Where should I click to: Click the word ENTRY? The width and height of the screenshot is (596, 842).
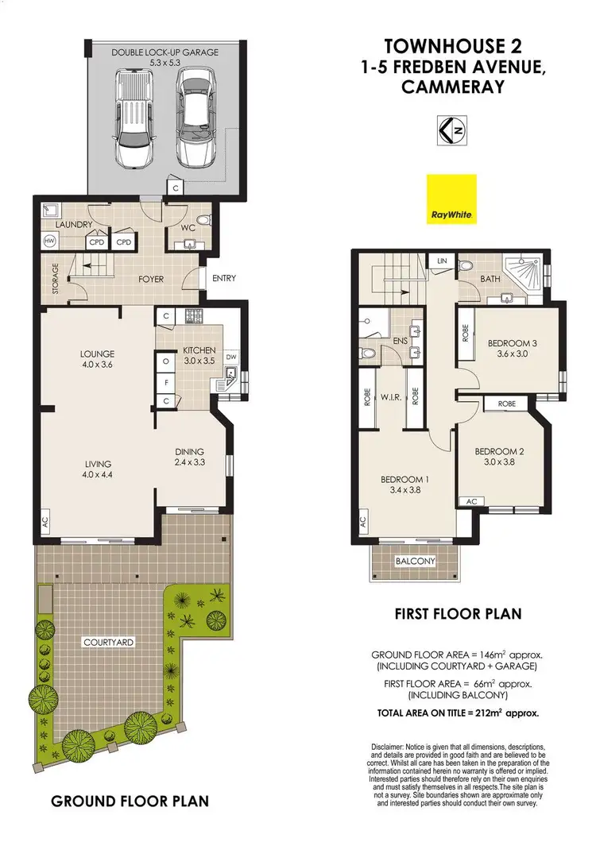(x=223, y=278)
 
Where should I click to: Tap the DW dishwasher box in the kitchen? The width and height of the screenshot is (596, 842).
(x=231, y=357)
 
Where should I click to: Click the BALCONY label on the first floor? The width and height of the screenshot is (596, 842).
(x=415, y=562)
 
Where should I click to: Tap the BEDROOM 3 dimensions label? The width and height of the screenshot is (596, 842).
(x=513, y=349)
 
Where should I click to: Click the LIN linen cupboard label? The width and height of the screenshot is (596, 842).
(x=440, y=261)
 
